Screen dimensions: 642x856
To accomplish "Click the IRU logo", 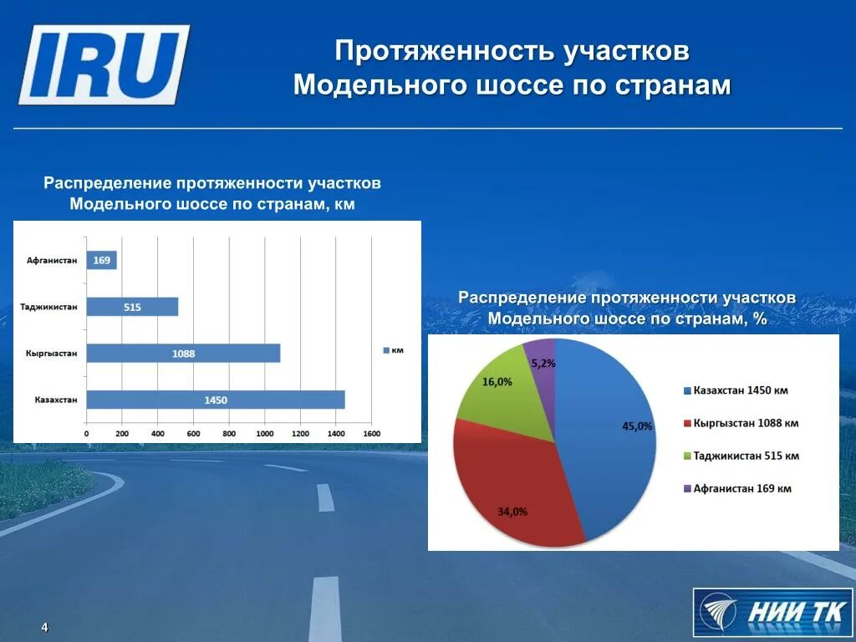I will point(104,65).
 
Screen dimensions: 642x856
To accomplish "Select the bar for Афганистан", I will point(102,261).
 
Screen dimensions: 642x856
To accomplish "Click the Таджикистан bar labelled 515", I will point(132,307).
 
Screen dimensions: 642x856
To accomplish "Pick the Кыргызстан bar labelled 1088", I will point(183,353).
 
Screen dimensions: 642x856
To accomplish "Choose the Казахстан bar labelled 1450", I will point(215,400).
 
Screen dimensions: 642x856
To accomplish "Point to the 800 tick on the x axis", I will point(229,434).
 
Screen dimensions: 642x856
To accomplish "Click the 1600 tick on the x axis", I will point(371,434).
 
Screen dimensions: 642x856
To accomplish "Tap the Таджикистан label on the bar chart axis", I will point(49,307).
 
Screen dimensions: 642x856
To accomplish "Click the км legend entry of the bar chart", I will point(393,350).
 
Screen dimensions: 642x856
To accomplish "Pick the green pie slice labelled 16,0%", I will point(502,393).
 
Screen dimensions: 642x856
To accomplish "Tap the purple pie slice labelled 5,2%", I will point(541,358).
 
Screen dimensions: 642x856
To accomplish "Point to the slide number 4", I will point(45,628).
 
